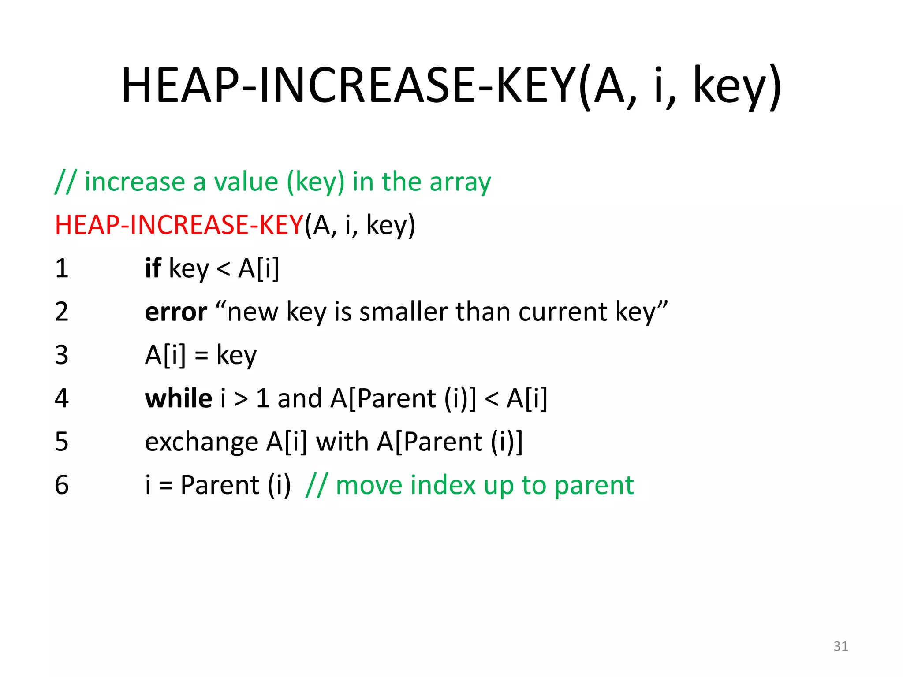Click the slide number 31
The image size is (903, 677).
840,646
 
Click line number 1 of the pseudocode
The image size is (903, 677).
62,268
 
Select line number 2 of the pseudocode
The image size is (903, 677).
62,311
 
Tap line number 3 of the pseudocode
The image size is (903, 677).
62,355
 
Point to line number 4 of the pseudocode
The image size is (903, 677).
62,398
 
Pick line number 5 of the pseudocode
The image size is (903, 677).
62,442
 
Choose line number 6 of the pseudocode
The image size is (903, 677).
62,485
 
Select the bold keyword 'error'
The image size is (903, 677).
175,312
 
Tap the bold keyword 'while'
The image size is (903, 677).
179,398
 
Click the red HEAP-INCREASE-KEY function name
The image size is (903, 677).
179,225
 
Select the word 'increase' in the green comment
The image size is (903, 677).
134,182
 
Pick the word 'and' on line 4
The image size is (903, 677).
299,398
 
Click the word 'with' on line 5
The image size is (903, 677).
342,442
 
